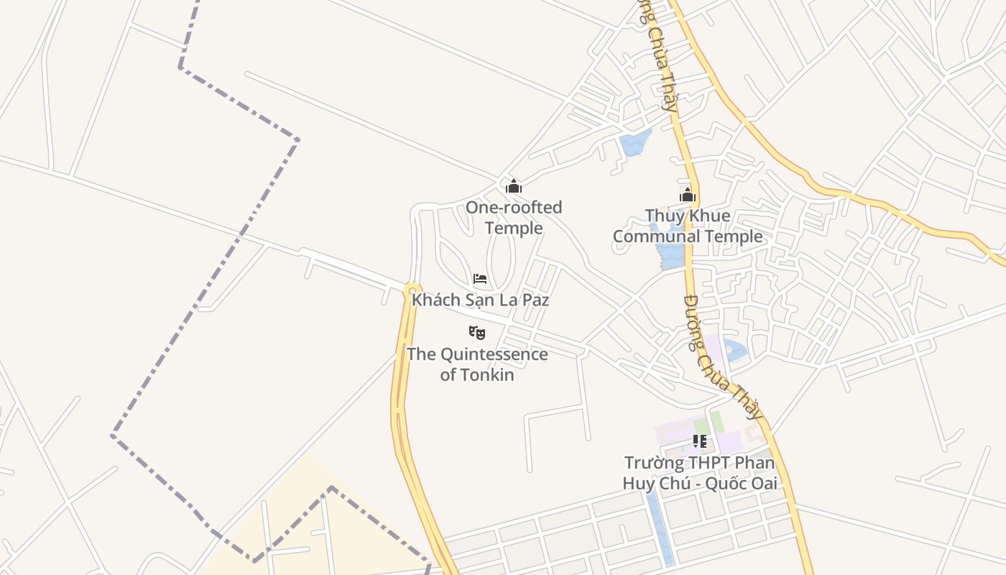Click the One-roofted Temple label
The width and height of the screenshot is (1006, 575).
click(513, 218)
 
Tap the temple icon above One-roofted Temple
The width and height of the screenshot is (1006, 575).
click(514, 187)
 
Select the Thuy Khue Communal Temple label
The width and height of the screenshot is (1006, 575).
click(688, 226)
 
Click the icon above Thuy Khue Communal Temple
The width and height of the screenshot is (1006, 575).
click(688, 195)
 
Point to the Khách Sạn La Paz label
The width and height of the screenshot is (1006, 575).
click(480, 300)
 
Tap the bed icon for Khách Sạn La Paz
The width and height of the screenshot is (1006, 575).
click(480, 279)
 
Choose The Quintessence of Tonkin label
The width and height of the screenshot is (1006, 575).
click(477, 364)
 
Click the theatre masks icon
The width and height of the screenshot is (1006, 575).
click(477, 332)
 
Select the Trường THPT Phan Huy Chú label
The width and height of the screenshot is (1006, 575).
click(700, 473)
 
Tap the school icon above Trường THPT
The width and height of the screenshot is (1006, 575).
click(700, 441)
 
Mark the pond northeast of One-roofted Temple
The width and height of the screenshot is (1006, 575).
click(634, 143)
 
